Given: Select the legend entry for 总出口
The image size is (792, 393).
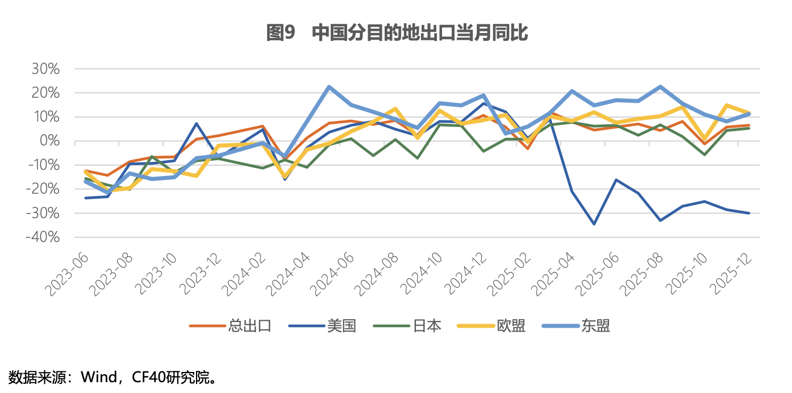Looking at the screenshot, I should click(249, 325).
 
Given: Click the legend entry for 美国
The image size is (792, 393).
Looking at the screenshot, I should click(341, 325).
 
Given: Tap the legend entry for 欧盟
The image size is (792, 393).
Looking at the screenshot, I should click(511, 325).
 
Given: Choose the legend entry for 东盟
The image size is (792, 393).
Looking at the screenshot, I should click(595, 325).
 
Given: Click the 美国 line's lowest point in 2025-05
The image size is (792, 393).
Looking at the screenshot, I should click(594, 224).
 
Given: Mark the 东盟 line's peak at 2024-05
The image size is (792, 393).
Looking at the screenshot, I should click(329, 87).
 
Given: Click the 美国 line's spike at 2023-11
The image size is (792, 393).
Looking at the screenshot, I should click(196, 123).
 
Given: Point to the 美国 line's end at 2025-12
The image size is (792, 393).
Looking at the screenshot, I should click(749, 213).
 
